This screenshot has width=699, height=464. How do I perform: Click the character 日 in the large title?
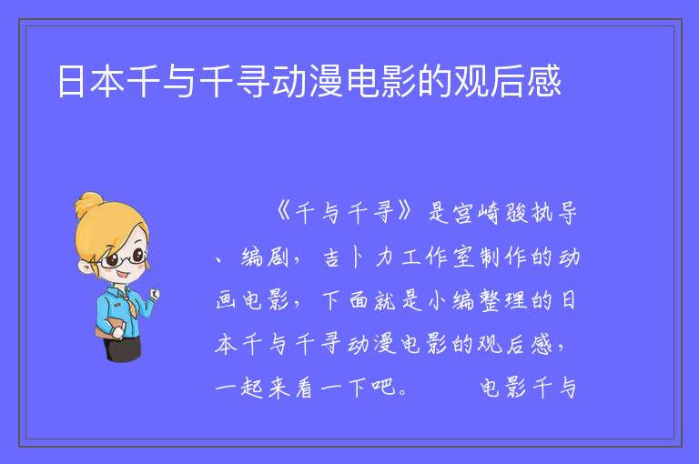pyautogui.click(x=71, y=81)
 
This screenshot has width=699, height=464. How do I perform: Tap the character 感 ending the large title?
pyautogui.click(x=544, y=81)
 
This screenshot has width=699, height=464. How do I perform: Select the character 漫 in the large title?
pyautogui.click(x=326, y=81)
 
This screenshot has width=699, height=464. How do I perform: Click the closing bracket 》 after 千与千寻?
pyautogui.click(x=406, y=212)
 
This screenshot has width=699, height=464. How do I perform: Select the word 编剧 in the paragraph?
pyautogui.click(x=264, y=257)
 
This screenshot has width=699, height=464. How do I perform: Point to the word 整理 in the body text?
pyautogui.click(x=502, y=300)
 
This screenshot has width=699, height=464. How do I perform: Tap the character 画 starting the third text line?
pyautogui.click(x=226, y=300)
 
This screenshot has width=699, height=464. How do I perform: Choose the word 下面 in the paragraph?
pyautogui.click(x=345, y=300)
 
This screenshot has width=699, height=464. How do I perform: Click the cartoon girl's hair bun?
pyautogui.click(x=89, y=204)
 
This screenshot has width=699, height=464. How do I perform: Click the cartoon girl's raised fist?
pyautogui.click(x=154, y=294)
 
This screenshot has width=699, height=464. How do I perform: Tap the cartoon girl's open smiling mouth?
pyautogui.click(x=123, y=275)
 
